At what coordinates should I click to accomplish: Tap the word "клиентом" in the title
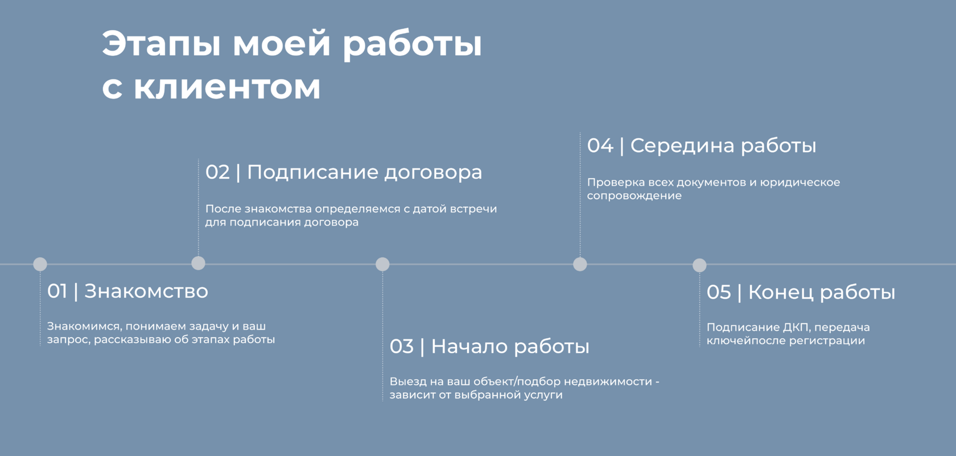click(227, 87)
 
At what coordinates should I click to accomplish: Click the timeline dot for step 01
click(40, 264)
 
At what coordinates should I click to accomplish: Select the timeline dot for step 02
click(198, 263)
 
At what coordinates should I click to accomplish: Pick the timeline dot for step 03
click(382, 264)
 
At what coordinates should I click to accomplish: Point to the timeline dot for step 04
click(580, 264)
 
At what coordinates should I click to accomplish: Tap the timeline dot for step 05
click(699, 265)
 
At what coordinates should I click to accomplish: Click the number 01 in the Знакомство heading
click(57, 291)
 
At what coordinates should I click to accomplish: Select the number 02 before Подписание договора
click(217, 172)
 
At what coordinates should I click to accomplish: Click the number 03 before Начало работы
click(402, 347)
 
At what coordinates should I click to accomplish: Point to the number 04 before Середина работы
click(600, 146)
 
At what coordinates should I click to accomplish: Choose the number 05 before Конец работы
click(719, 293)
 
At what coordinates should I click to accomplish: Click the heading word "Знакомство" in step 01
click(146, 291)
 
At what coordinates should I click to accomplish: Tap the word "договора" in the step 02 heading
click(433, 172)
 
